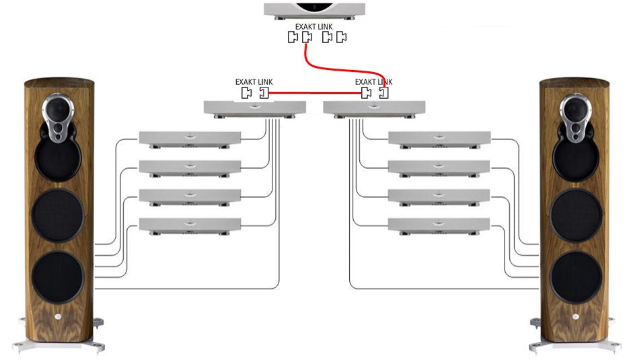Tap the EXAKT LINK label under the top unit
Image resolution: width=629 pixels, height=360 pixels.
(x=315, y=27)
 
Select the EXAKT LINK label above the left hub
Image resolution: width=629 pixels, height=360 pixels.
(x=254, y=81)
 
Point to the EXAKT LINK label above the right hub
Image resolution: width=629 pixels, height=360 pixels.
(x=374, y=81)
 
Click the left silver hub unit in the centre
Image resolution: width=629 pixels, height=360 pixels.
(x=254, y=108)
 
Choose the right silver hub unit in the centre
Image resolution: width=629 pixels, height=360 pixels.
(x=375, y=108)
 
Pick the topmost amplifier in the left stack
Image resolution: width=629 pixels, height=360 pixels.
(x=190, y=138)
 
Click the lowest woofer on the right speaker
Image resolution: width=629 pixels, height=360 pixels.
(x=577, y=277)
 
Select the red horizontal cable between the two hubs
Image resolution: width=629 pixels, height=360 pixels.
(x=315, y=94)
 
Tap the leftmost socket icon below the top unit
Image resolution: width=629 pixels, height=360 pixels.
(x=292, y=38)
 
